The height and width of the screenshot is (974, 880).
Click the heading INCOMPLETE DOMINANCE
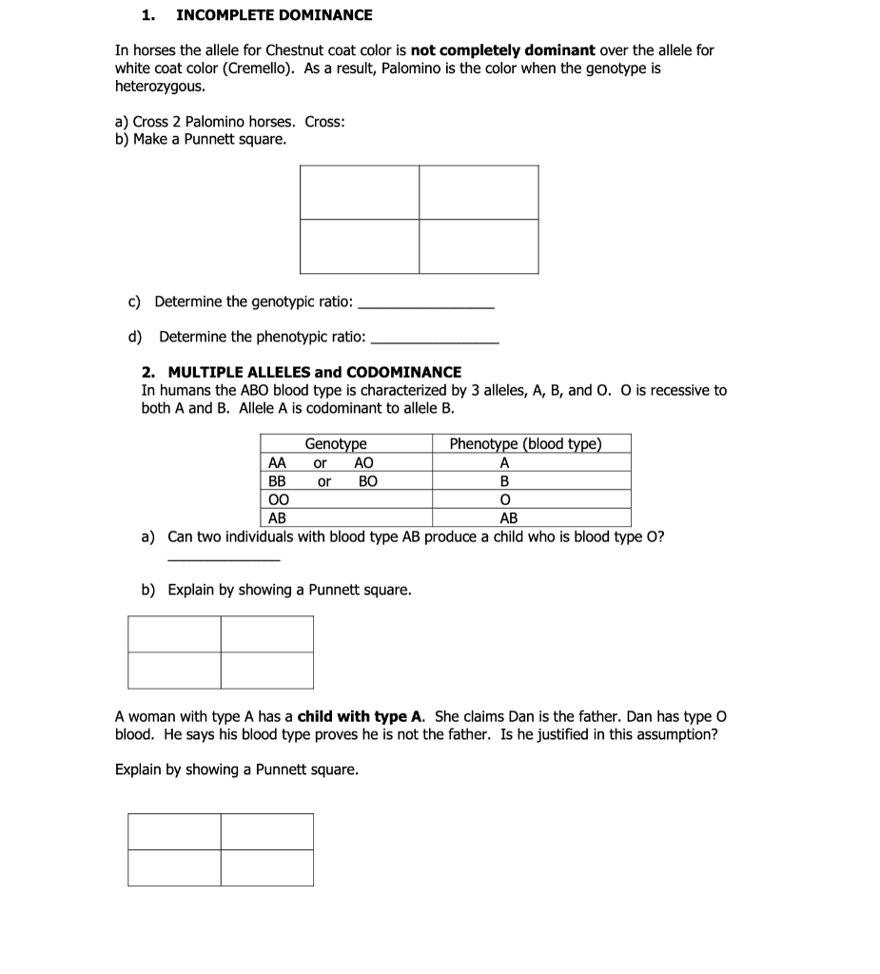(274, 15)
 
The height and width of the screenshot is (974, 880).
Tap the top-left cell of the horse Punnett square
(360, 192)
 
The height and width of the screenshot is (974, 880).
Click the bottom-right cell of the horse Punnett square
(479, 246)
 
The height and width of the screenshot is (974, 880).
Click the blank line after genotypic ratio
(426, 305)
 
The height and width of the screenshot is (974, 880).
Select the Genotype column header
(336, 444)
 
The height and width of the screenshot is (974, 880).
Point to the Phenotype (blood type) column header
(525, 444)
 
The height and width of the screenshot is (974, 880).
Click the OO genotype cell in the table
(278, 499)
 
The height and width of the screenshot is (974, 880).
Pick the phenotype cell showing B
(505, 481)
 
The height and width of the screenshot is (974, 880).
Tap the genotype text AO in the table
(363, 463)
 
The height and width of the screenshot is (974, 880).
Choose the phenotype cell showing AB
(509, 518)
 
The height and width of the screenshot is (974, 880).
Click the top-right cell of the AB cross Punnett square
(267, 633)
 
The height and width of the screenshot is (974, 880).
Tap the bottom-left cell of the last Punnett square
(174, 867)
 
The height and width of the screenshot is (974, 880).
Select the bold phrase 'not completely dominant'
(503, 49)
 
